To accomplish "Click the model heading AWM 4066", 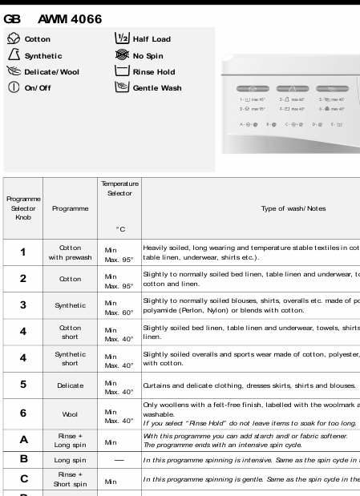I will click(70, 17).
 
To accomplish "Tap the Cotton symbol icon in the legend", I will click(12, 38).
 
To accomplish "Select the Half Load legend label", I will click(151, 39).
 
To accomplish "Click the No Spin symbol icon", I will click(121, 55).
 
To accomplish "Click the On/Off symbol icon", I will click(12, 87).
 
